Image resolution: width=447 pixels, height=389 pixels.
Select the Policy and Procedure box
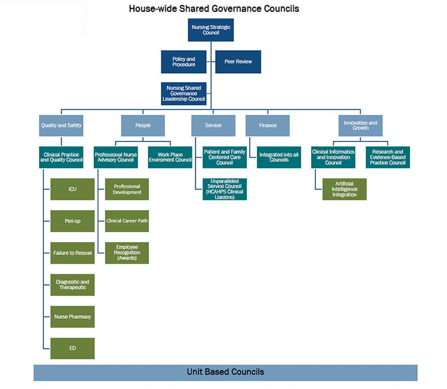point(184,61)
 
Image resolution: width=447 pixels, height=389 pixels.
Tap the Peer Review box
point(238,61)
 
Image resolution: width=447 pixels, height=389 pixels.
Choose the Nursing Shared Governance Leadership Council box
point(184,93)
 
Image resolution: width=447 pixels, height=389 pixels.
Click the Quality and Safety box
point(61,126)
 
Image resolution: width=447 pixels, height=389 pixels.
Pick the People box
point(143,126)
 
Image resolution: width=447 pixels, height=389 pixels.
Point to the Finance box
point(268,126)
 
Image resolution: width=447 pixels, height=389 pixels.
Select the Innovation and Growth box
point(360,126)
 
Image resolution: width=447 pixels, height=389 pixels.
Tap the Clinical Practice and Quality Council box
point(61,156)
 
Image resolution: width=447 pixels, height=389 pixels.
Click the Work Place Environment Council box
point(170,156)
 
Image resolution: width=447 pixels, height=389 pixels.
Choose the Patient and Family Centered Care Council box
point(225,156)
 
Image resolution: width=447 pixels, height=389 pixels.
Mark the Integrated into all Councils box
point(279,156)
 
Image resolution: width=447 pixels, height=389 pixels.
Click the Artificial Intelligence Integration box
point(344,189)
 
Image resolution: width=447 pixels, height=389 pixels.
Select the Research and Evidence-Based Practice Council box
point(387,156)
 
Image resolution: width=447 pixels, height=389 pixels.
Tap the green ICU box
point(72,189)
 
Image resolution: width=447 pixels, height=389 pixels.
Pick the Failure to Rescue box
point(72,253)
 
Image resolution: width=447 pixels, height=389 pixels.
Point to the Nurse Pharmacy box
point(72,316)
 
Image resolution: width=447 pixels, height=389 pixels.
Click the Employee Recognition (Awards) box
point(127,253)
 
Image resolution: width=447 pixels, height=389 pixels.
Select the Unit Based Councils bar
point(225,372)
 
